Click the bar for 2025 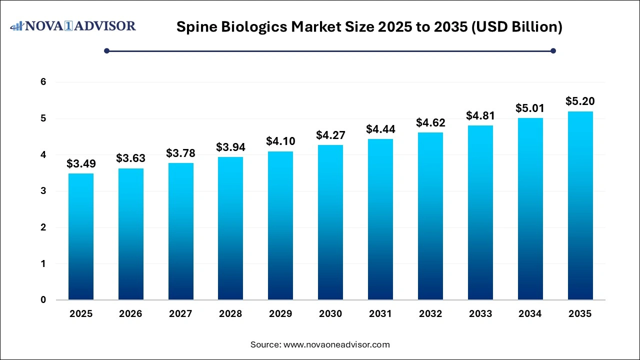(81, 236)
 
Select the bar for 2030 (330, 222)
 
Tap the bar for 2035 (580, 205)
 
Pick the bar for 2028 (230, 228)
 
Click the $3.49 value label (81, 164)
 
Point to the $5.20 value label (580, 101)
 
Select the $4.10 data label (280, 141)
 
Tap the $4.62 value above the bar (430, 122)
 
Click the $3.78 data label (180, 153)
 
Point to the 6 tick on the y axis (43, 82)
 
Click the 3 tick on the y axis (43, 191)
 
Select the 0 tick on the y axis (43, 300)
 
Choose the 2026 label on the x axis (130, 314)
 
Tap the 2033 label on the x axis (480, 314)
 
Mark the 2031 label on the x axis (380, 314)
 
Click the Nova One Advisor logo (73, 26)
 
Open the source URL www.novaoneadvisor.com (336, 344)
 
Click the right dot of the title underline (553, 50)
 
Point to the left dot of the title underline (106, 50)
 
